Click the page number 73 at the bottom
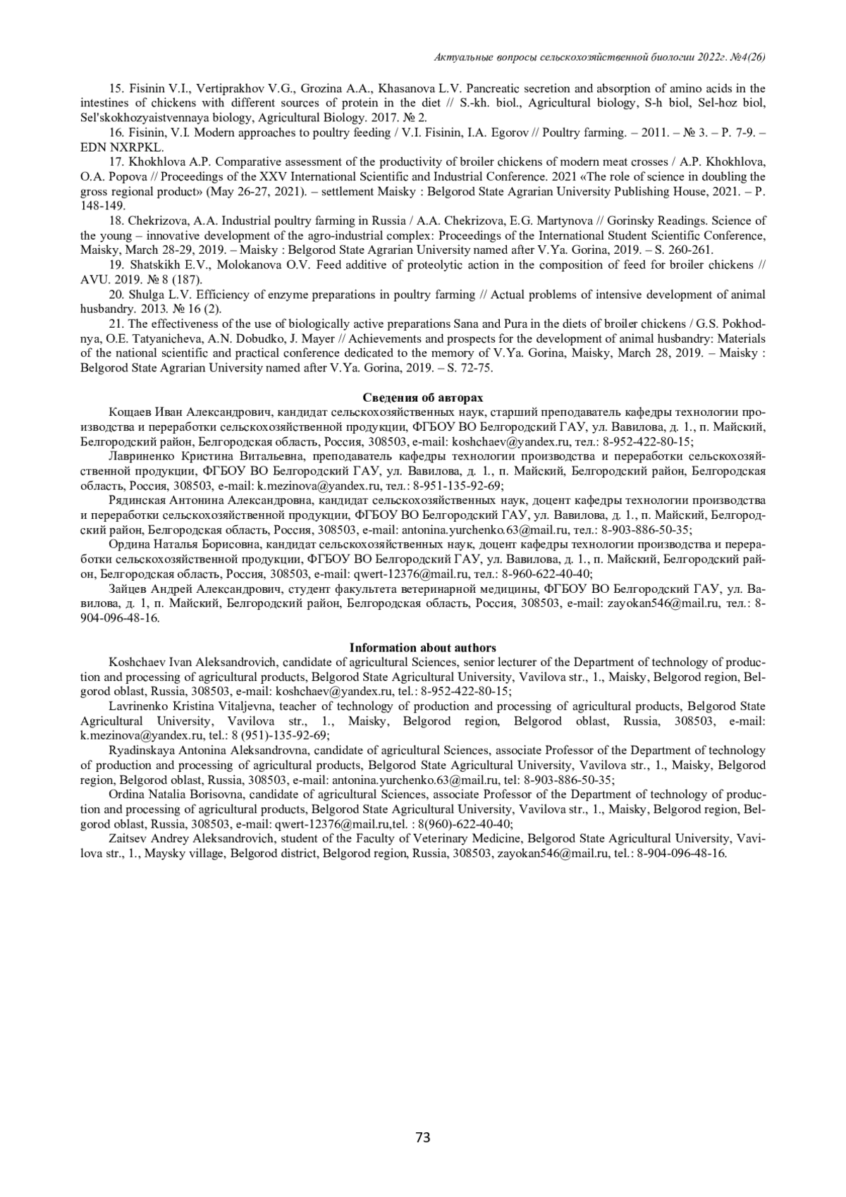(x=423, y=1136)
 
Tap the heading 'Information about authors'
(x=423, y=647)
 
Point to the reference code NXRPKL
(x=140, y=147)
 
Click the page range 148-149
(x=102, y=206)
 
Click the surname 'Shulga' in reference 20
(x=148, y=294)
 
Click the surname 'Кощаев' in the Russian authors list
(x=130, y=412)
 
